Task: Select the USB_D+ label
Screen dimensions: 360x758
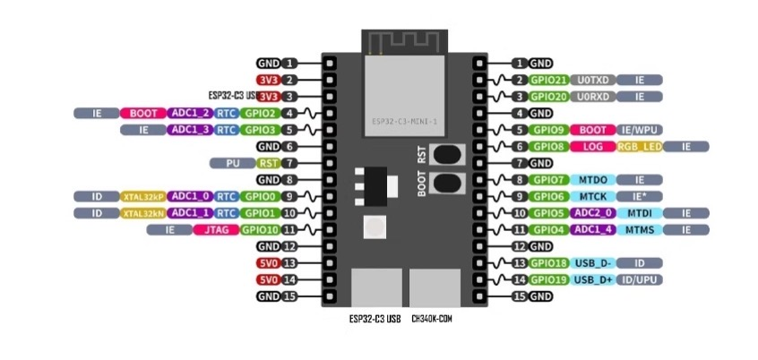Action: pos(593,279)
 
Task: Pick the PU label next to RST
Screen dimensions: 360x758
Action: pos(231,163)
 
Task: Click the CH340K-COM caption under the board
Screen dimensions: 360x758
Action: pos(432,319)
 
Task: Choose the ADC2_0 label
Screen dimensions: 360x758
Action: pos(593,213)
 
